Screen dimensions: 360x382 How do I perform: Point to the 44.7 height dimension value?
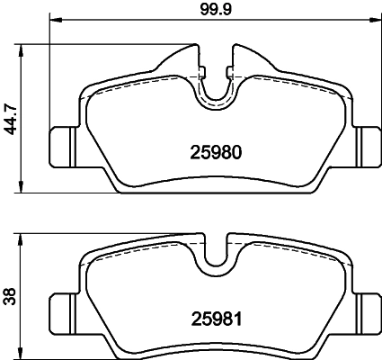(11, 117)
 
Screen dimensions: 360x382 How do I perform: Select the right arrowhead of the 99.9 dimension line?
(377, 20)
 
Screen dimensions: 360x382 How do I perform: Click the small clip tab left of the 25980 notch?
(203, 72)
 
